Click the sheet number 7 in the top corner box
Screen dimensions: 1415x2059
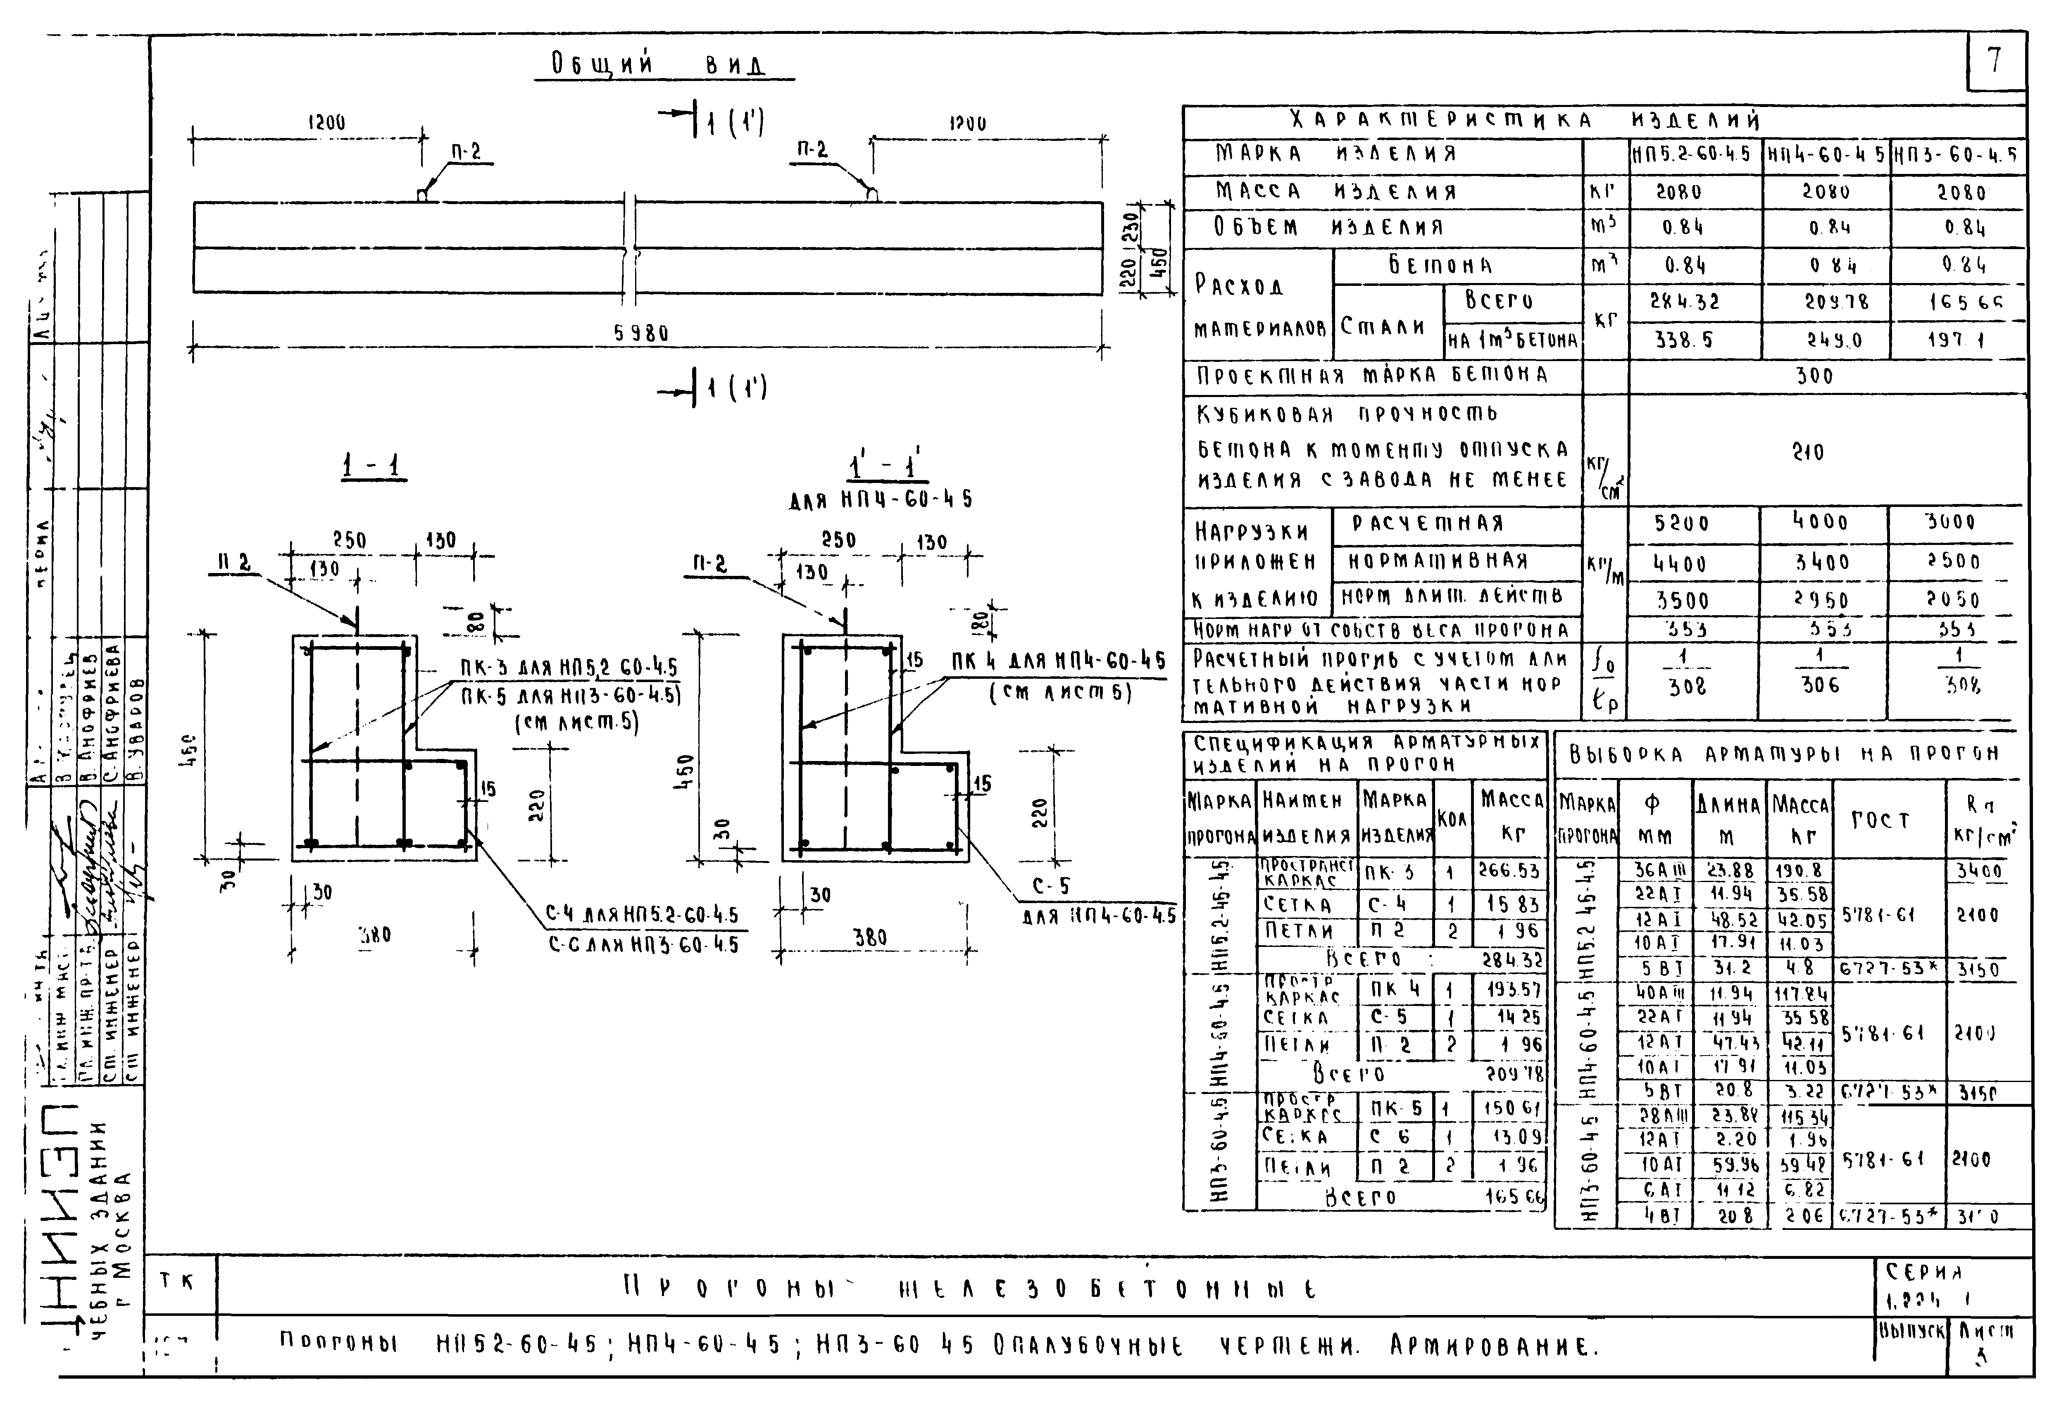click(x=1994, y=60)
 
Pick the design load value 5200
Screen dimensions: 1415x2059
click(x=1682, y=523)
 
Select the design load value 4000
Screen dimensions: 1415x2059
click(x=1820, y=521)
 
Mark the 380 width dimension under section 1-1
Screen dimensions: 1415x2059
click(x=374, y=935)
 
